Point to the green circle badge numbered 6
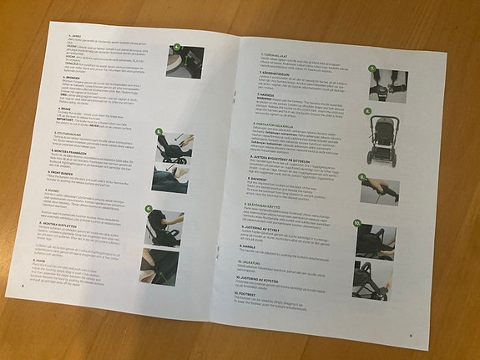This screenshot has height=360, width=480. (x=149, y=208)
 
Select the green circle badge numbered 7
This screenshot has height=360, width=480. (x=371, y=68)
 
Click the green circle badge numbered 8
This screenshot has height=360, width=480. (x=368, y=109)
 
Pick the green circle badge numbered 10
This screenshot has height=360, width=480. (x=356, y=224)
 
